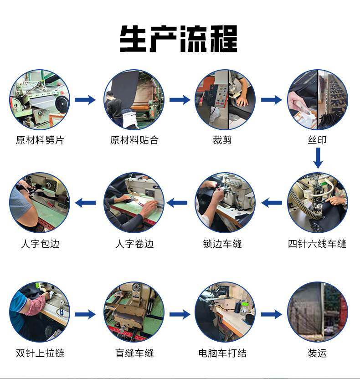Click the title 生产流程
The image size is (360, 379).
179,39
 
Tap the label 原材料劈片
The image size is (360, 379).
40,140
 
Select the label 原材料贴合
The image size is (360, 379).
134,140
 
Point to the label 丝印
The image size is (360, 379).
317,140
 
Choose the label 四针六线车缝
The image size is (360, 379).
317,244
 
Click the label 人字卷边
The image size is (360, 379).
134,244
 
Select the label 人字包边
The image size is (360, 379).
40,244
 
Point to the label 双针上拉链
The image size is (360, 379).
40,353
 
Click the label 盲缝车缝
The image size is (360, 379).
134,353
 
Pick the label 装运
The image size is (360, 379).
317,353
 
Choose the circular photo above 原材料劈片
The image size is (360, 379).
40,100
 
